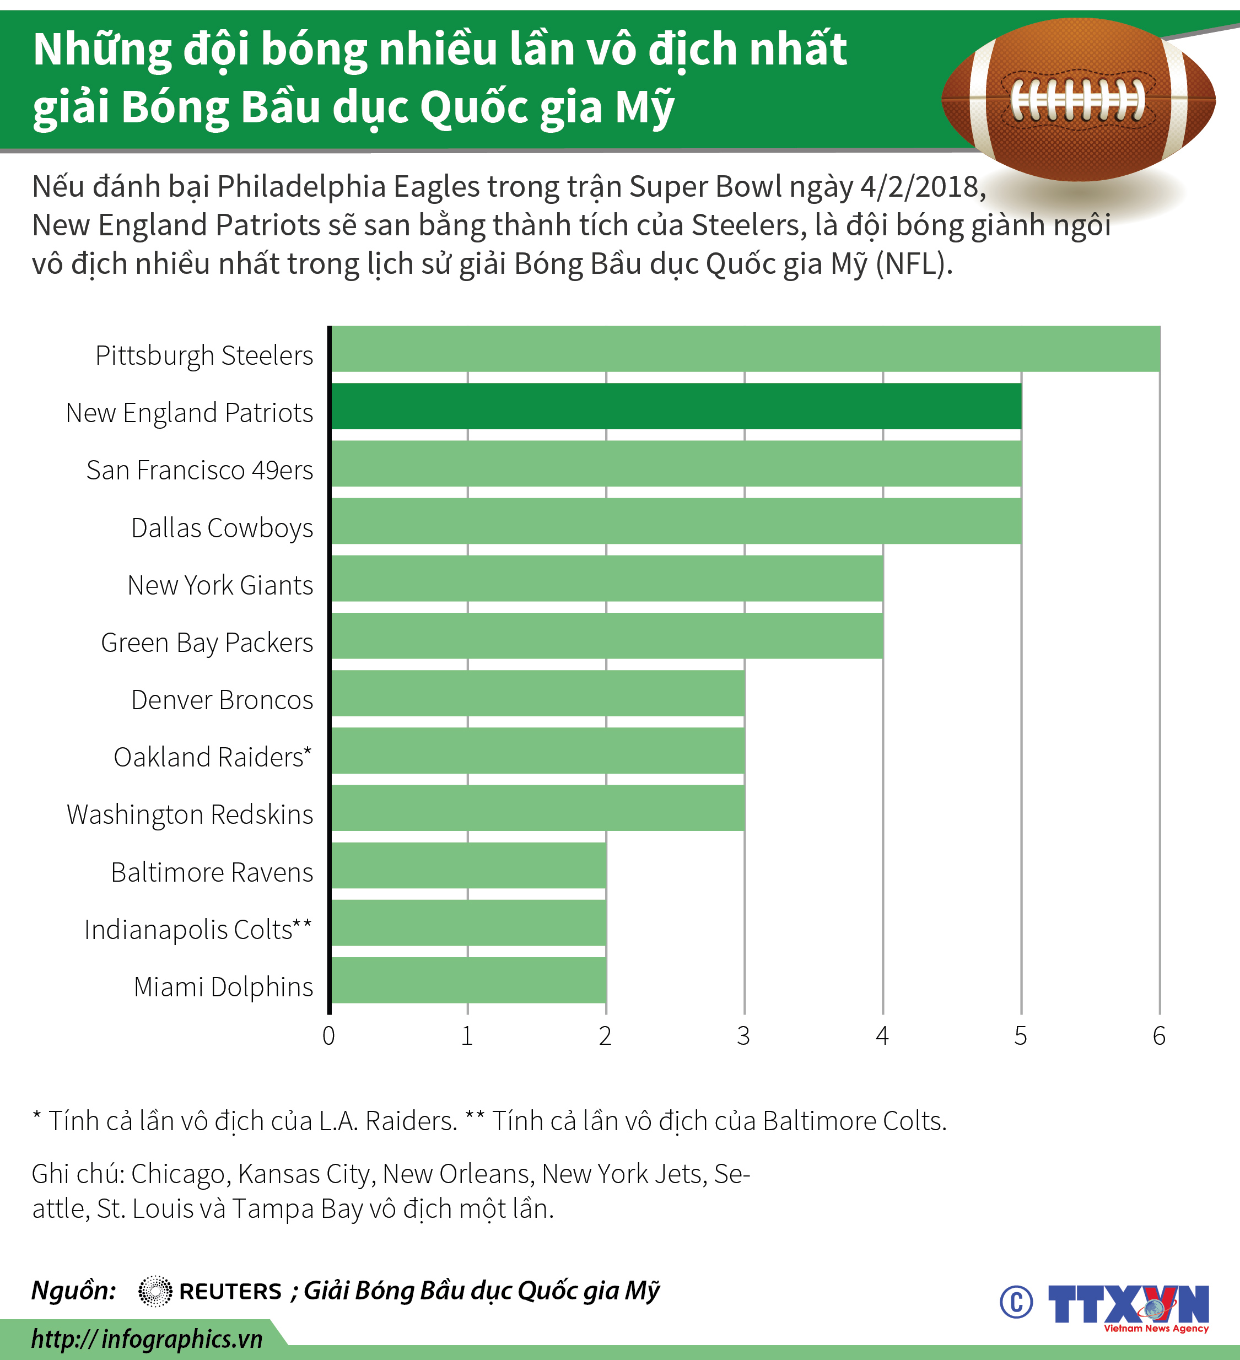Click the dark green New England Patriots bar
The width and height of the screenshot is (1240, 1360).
coord(676,406)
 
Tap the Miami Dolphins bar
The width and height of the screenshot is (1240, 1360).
coord(469,980)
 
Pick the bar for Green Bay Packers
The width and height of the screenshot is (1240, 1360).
coord(607,635)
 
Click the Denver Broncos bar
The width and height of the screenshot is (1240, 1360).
coord(538,693)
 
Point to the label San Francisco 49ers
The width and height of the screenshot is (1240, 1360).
coord(200,470)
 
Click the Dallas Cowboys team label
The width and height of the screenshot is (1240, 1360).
coord(222,527)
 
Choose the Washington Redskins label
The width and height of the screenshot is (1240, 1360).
coord(190,814)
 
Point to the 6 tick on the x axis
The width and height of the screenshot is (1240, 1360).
coord(1159,1035)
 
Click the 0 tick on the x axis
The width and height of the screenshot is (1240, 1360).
coord(328,1035)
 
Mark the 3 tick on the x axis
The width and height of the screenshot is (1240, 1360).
coord(743,1035)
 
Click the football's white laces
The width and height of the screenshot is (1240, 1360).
coord(1077,100)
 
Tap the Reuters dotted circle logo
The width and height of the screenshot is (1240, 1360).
coord(155,1291)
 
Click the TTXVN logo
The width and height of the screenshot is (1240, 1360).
coord(1129,1306)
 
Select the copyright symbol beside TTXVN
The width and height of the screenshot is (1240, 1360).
coord(1016,1302)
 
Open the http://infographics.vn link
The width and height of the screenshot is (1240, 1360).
coord(147,1339)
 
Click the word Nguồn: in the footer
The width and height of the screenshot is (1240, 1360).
coord(73,1291)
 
